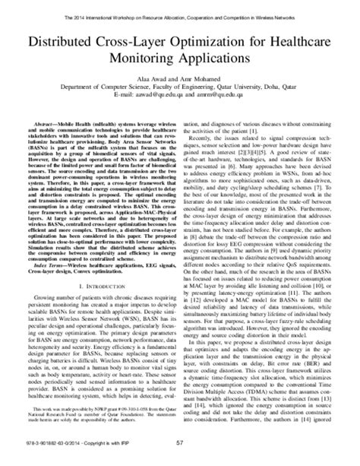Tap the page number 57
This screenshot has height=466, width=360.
coord(180,456)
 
